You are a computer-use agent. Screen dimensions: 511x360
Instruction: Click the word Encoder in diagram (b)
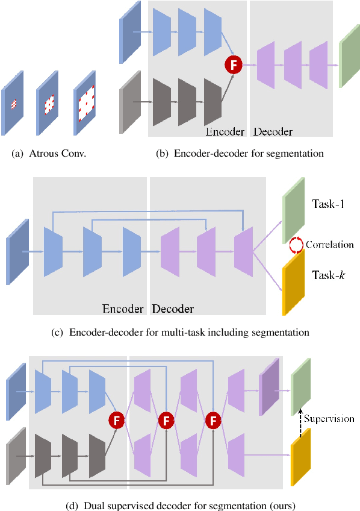click(x=225, y=131)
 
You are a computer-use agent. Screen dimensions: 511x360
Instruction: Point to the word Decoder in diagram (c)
click(x=173, y=309)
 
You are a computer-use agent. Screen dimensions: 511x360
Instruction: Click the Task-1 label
click(x=328, y=205)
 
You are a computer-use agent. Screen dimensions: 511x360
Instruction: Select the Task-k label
click(x=328, y=275)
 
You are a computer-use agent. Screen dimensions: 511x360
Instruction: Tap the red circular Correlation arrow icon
click(x=296, y=245)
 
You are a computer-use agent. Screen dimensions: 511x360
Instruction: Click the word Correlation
click(x=329, y=245)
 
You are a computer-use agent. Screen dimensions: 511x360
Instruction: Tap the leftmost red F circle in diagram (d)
click(x=115, y=419)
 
